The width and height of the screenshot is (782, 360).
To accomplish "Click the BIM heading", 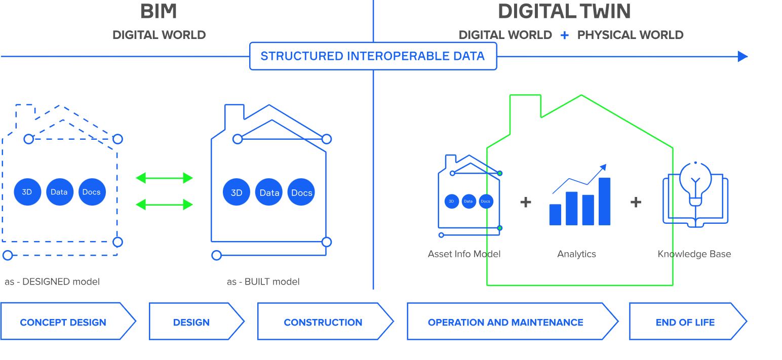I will [x=159, y=12].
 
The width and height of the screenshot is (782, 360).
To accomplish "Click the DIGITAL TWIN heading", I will [x=564, y=12].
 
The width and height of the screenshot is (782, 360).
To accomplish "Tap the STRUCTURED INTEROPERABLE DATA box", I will [x=373, y=56].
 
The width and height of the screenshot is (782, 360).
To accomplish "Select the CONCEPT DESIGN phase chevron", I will [x=63, y=322].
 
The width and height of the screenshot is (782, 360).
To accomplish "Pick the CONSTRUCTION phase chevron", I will [x=323, y=322].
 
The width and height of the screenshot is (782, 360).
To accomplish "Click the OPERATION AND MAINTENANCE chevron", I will [x=505, y=322].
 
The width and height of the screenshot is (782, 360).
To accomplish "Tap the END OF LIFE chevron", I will [x=685, y=322].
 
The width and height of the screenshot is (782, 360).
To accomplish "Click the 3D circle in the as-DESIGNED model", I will [x=27, y=192].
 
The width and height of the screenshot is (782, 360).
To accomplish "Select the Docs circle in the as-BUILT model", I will [x=301, y=192].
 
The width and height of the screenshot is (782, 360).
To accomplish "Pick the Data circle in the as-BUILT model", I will [x=269, y=192].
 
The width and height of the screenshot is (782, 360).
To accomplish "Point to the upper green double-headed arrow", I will [x=165, y=178].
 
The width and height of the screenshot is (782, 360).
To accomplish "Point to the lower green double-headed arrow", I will [x=165, y=205].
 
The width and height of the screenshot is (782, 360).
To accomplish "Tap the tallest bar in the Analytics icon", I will [x=604, y=201].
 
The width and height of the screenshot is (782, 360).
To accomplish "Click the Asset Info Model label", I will [x=464, y=254].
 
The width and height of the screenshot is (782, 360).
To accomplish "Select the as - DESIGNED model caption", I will [x=52, y=282].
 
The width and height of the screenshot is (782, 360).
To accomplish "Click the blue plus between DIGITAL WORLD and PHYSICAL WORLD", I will [x=564, y=35].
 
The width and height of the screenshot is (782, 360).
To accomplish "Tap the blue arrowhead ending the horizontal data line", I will [x=742, y=56].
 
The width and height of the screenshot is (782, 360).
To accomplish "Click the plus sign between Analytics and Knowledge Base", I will [x=636, y=202].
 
